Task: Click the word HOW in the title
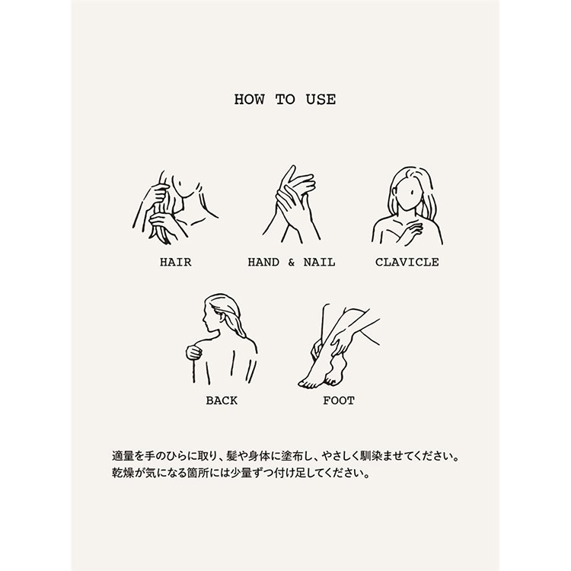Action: point(250,100)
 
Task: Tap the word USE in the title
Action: point(321,100)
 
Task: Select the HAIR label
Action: point(176,262)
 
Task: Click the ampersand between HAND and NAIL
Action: point(292,262)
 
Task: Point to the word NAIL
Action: point(319,262)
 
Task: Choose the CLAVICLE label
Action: point(407,262)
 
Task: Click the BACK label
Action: point(222,400)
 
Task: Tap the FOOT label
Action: point(339,400)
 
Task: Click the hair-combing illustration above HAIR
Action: point(175,207)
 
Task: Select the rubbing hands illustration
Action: point(292,205)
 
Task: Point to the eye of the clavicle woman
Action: point(411,193)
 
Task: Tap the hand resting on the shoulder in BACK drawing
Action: point(194,352)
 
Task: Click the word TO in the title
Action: point(285,100)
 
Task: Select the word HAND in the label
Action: point(263,262)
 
